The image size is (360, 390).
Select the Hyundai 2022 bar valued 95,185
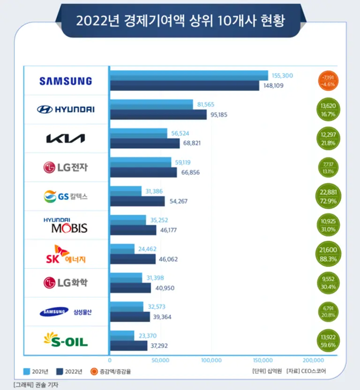pyautogui.click(x=158, y=115)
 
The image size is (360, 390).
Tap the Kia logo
pyautogui.click(x=65, y=138)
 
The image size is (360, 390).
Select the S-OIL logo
pyautogui.click(x=65, y=340)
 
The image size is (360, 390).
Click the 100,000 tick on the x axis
pyautogui.click(x=211, y=360)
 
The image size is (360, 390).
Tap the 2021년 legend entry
pyautogui.click(x=36, y=372)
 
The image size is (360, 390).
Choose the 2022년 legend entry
pyautogui.click(x=70, y=372)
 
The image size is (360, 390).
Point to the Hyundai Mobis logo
pyautogui.click(x=65, y=225)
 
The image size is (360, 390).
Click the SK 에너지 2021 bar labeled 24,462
pyautogui.click(x=122, y=249)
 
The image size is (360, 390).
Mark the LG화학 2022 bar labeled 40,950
pyautogui.click(x=130, y=287)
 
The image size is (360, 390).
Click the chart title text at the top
pyautogui.click(x=180, y=21)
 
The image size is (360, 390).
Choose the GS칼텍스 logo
pyautogui.click(x=65, y=196)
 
